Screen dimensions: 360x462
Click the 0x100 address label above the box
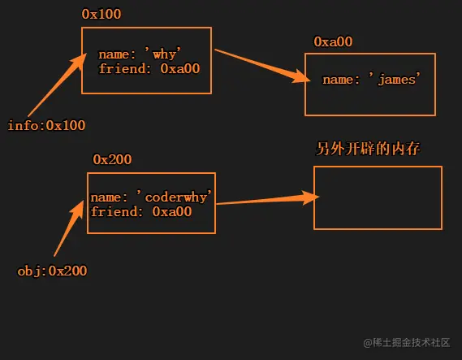(x=102, y=15)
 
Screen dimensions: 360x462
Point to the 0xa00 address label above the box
(x=334, y=41)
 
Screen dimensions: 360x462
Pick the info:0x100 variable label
(x=45, y=125)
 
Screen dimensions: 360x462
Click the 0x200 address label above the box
(x=112, y=159)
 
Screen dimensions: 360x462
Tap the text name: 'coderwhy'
(x=151, y=197)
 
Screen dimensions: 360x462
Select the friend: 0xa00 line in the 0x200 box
(x=141, y=211)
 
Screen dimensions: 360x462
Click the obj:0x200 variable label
(x=52, y=271)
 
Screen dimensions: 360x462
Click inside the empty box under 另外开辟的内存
(x=378, y=198)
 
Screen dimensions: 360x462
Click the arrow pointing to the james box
(x=261, y=64)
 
